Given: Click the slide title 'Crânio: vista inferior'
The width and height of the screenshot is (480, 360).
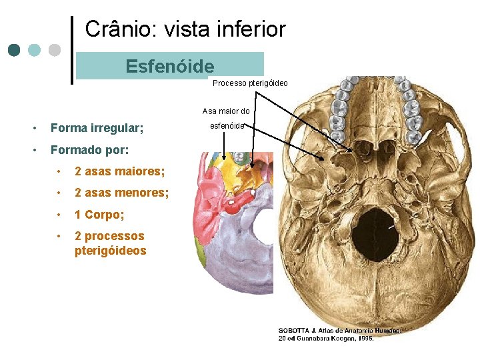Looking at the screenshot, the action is (x=185, y=29).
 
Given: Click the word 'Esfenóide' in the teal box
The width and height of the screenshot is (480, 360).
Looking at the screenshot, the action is (x=170, y=67).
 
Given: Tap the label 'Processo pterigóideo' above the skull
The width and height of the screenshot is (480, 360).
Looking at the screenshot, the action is (x=250, y=83).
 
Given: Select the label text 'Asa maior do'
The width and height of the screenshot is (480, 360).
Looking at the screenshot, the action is (x=226, y=111).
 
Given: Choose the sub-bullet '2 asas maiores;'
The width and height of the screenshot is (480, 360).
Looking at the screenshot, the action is (x=119, y=171).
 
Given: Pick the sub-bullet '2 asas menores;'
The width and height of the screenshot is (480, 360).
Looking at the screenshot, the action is (x=121, y=193).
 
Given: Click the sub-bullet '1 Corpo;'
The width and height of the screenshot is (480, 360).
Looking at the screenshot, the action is (x=99, y=215).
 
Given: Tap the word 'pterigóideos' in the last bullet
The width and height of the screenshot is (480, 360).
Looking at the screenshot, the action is (x=110, y=251).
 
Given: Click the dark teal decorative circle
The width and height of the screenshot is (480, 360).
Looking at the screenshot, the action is (x=15, y=50).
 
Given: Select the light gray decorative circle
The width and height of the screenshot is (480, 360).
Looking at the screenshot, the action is (x=55, y=50).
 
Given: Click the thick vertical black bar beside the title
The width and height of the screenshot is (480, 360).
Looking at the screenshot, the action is (x=72, y=50).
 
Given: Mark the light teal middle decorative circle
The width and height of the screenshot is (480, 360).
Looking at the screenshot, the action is (x=35, y=50).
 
